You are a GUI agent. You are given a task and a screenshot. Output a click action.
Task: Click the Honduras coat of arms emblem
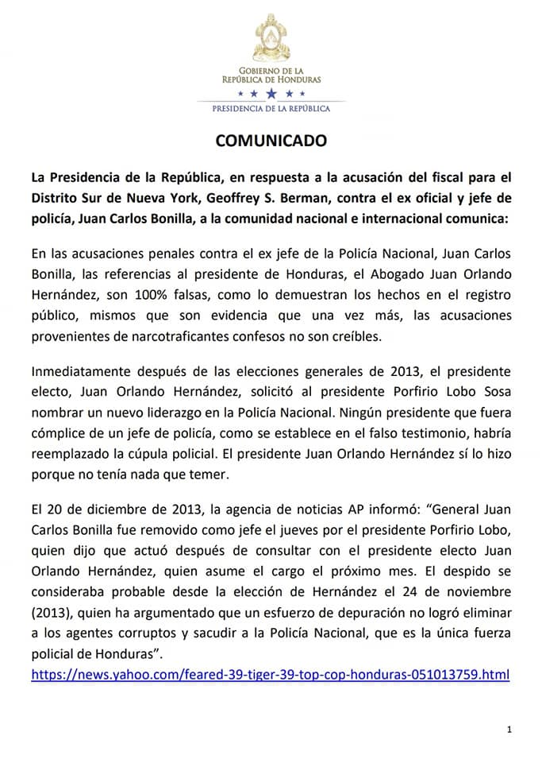pos(271,41)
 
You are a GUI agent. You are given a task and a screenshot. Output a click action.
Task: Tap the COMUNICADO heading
pos(271,141)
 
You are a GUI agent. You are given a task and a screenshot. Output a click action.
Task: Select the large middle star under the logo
pos(271,95)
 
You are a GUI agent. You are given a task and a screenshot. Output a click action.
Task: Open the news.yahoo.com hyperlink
pos(270,675)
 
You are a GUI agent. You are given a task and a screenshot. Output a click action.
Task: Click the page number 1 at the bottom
pos(508,728)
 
